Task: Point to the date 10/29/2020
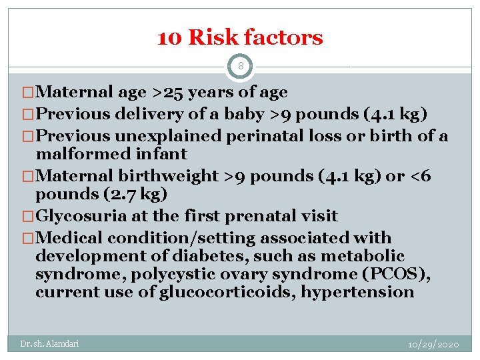click(433, 344)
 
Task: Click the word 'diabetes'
click(209, 257)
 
